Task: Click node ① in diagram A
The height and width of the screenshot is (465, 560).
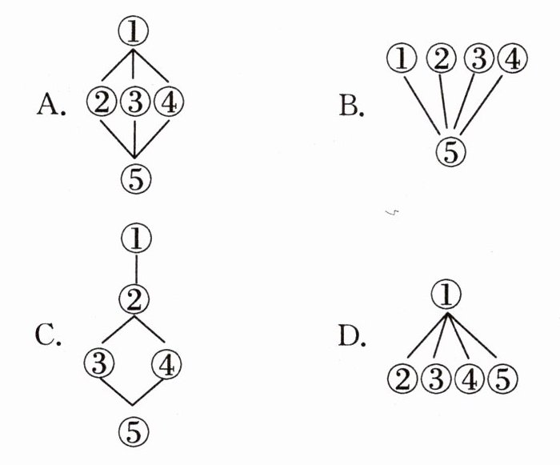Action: pyautogui.click(x=134, y=31)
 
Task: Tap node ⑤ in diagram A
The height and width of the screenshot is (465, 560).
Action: pyautogui.click(x=134, y=178)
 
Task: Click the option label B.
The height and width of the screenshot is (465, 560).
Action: pyautogui.click(x=350, y=105)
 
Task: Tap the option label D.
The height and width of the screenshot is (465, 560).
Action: pyautogui.click(x=350, y=337)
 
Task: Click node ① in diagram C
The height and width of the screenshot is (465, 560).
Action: pyautogui.click(x=135, y=236)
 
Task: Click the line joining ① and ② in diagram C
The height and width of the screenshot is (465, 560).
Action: pyautogui.click(x=135, y=268)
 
